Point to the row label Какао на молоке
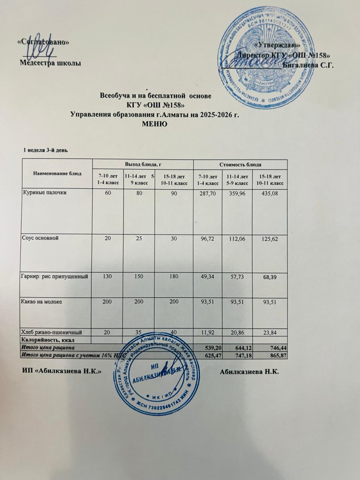[x=41, y=301]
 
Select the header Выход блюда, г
[x=142, y=164]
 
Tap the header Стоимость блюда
[x=240, y=164]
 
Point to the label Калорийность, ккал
[x=47, y=340]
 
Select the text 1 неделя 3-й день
[x=45, y=150]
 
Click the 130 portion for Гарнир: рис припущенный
[x=108, y=276]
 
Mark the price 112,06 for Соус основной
[x=237, y=238]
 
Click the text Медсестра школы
[x=50, y=63]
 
